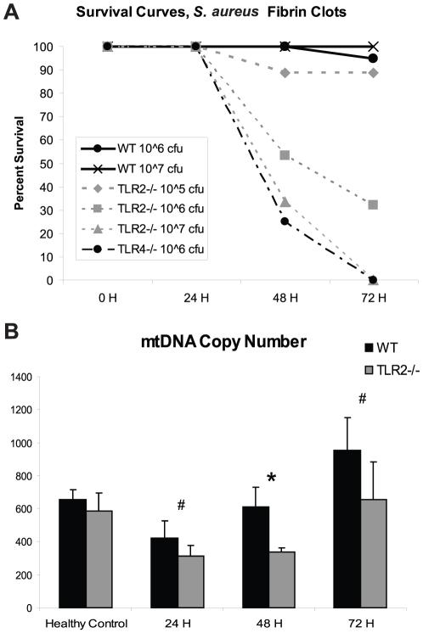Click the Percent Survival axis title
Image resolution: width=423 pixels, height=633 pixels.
14,164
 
